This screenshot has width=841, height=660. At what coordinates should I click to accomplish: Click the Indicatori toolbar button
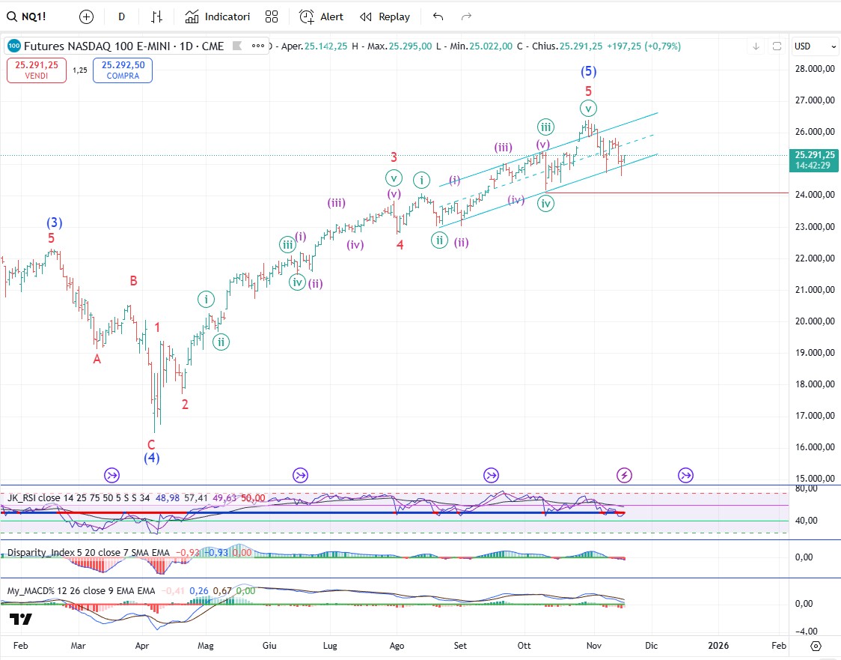[x=218, y=16]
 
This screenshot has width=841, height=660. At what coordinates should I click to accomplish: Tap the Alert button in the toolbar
[x=322, y=16]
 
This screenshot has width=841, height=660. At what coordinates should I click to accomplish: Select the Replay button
[x=385, y=16]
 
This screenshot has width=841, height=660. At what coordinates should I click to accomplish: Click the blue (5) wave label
[x=589, y=72]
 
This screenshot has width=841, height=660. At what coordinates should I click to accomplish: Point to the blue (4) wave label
[x=152, y=458]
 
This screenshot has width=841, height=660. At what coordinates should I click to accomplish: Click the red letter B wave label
[x=133, y=281]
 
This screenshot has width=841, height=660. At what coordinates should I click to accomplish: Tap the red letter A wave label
[x=97, y=359]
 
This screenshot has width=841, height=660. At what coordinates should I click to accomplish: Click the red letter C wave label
[x=151, y=444]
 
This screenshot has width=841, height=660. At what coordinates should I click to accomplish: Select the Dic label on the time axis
[x=651, y=645]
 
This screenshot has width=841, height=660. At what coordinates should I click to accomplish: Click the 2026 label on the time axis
[x=718, y=645]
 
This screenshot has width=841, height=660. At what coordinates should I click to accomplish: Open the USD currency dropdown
[x=815, y=46]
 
